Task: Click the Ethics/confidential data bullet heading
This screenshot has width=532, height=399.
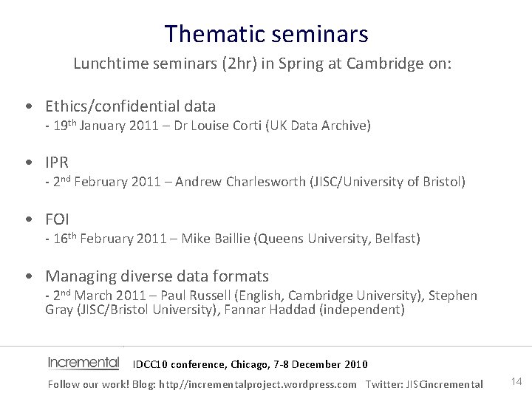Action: click(131, 106)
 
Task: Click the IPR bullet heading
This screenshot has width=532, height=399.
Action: click(57, 163)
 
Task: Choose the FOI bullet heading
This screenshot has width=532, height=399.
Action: click(58, 219)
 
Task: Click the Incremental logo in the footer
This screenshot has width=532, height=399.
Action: click(83, 363)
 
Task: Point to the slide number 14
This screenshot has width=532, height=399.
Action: click(516, 381)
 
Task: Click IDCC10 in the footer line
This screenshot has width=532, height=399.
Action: click(151, 364)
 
